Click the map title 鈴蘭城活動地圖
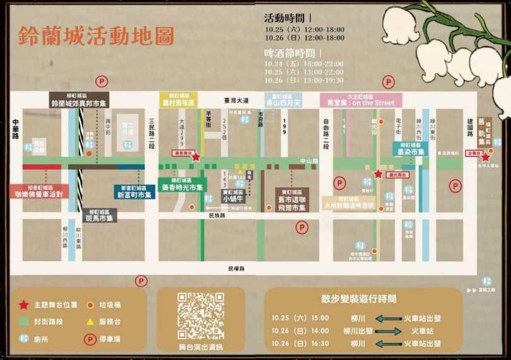(96, 35)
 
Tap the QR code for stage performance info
(201, 315)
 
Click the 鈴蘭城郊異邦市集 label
(79, 102)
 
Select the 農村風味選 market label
(179, 102)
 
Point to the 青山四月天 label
(284, 102)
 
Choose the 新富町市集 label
(134, 195)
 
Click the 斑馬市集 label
(100, 218)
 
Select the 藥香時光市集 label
(182, 187)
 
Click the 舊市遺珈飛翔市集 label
(293, 204)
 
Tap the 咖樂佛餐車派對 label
(39, 194)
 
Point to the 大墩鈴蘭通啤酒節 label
(348, 205)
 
